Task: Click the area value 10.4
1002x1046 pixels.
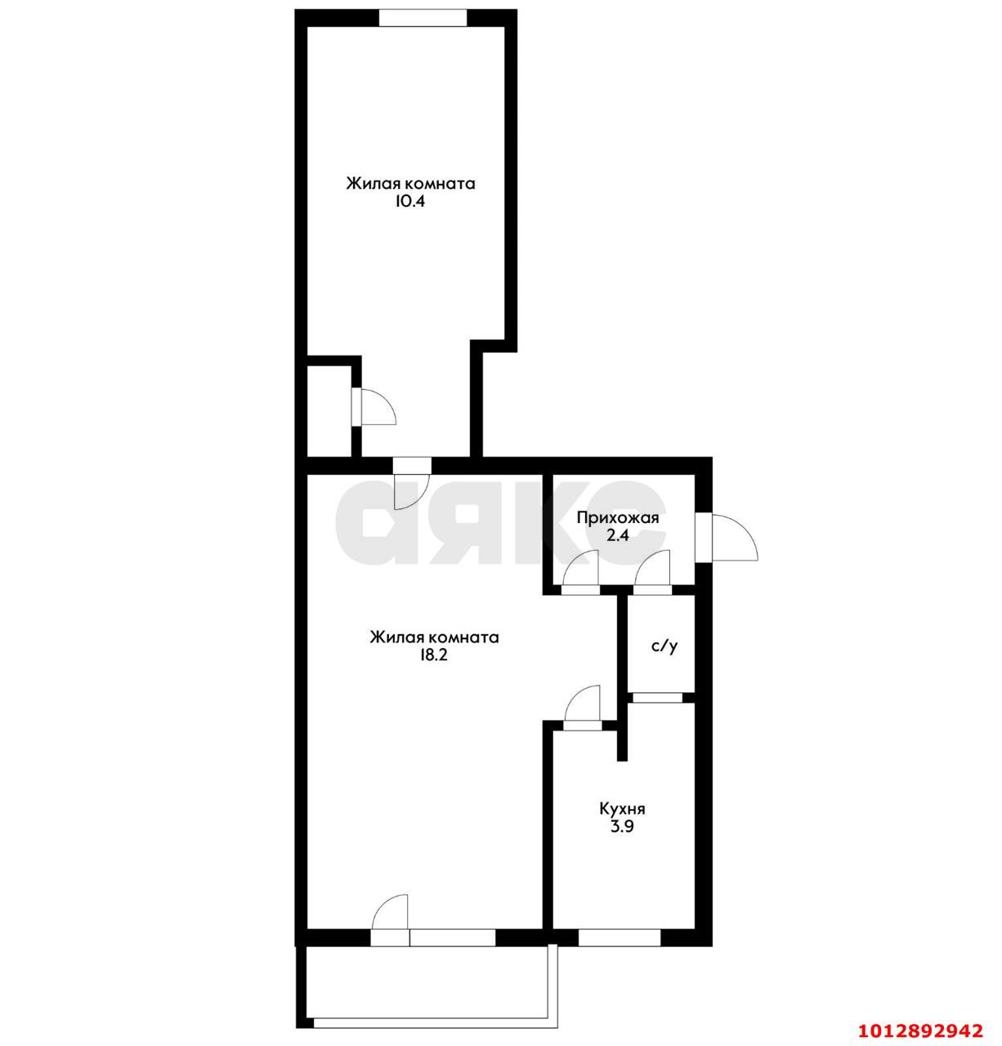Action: (410, 202)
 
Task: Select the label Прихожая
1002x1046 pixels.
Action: (617, 517)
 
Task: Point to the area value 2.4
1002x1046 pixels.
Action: (617, 536)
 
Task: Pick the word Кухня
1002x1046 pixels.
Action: (622, 809)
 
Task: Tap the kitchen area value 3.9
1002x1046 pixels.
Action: (622, 827)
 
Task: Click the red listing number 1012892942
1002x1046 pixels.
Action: (920, 1025)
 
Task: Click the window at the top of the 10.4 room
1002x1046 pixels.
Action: (423, 18)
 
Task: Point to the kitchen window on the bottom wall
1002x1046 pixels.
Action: (620, 937)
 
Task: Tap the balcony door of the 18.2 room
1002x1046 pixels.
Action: (391, 923)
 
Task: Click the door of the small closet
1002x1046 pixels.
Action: (372, 406)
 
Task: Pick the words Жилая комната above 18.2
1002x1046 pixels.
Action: (433, 637)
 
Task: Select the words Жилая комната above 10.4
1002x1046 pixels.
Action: (410, 183)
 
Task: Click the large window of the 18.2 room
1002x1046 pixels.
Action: (453, 937)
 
